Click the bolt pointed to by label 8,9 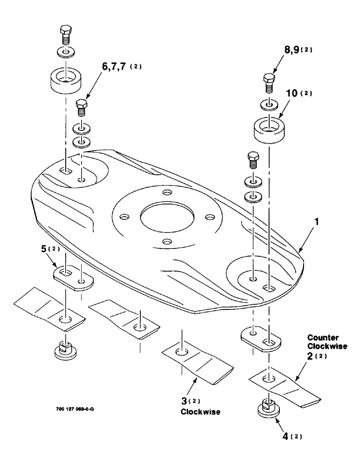pos(269,83)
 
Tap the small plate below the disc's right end pos(261,338)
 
